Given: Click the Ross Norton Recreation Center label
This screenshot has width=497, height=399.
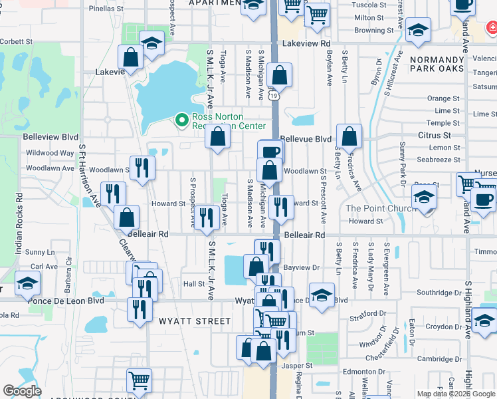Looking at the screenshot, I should pos(229,121).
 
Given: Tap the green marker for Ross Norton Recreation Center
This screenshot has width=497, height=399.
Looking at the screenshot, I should pos(181,120).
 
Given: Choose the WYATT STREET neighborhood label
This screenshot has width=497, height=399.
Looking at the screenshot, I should pos(194,321).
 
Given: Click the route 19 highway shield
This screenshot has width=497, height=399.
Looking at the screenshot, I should pos(274,96).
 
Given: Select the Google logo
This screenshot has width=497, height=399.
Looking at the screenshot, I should pos(23,391).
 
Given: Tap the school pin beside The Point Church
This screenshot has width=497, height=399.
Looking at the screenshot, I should pos(423,196).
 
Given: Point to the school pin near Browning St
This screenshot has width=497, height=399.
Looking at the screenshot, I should pos(418,30).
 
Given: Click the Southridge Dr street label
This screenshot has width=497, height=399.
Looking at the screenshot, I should pos(439,293).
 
